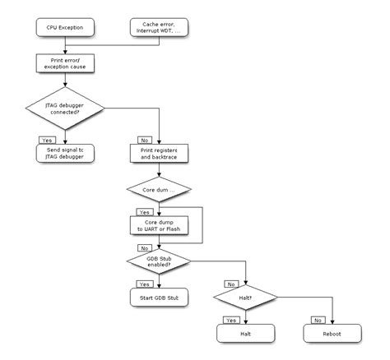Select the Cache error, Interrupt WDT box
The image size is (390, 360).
pos(160,29)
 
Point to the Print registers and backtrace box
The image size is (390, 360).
pos(160,153)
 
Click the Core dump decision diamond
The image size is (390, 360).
pos(160,191)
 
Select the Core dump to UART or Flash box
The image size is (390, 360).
pos(160,224)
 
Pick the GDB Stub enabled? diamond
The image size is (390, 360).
pos(160,261)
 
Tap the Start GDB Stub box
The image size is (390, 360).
pos(160,297)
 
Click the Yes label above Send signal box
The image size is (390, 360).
pos(46,140)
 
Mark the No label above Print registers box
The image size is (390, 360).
pos(143,140)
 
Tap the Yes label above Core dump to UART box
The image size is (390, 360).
pos(143,211)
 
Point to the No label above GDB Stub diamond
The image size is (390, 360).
pos(143,247)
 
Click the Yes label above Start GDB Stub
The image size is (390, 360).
pos(143,284)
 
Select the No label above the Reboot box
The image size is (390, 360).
pos(318,319)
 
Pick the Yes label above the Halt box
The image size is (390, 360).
pos(230,319)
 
